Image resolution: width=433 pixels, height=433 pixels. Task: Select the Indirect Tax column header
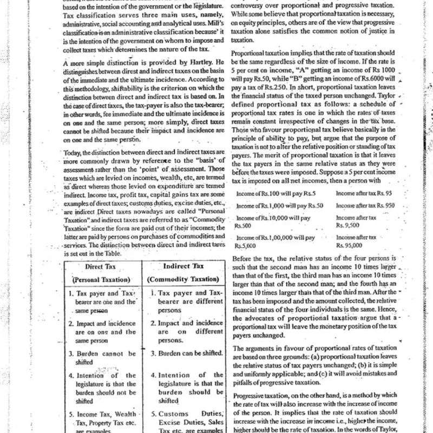183,266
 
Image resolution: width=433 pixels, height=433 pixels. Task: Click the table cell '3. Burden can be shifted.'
186,353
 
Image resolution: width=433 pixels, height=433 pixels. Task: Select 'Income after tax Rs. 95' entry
365,193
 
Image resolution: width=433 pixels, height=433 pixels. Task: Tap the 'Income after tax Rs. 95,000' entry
356,241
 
